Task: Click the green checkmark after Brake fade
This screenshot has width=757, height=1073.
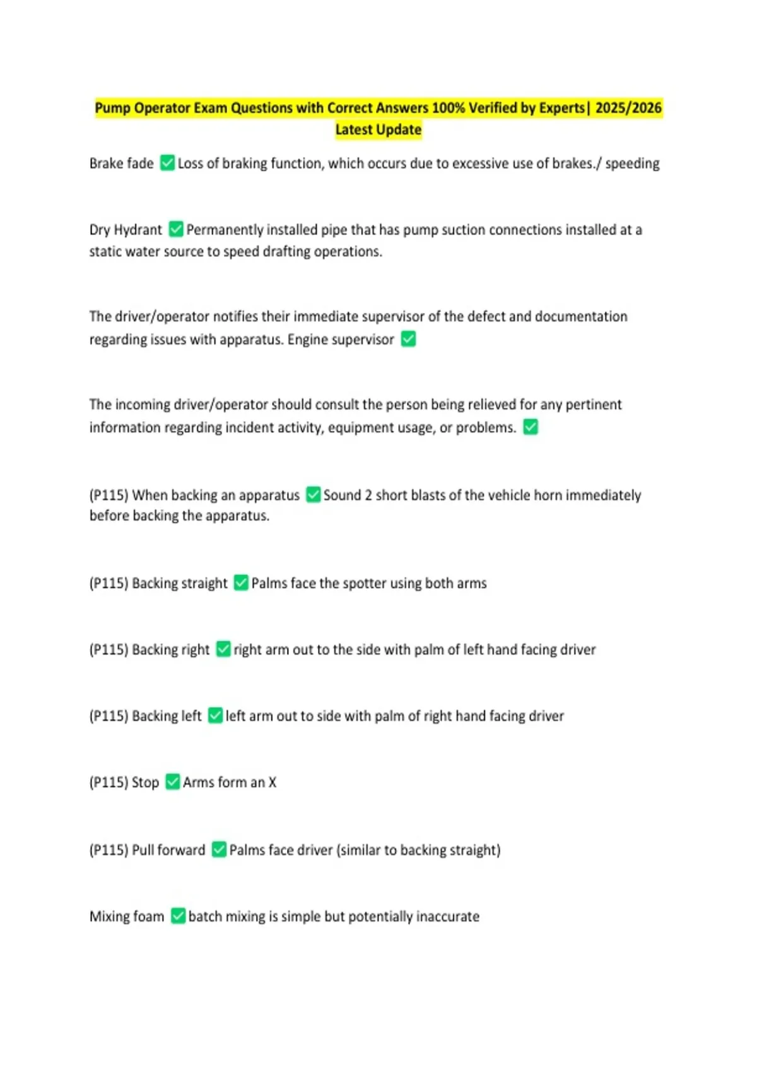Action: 167,163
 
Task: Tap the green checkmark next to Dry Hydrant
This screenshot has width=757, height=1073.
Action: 176,229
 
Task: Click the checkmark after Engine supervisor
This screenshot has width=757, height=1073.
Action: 408,339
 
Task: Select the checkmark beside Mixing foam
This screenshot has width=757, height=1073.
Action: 178,916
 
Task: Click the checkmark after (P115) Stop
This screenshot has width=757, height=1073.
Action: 172,782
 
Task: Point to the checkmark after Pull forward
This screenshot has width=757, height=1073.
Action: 219,850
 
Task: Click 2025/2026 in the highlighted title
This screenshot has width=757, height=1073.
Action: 628,108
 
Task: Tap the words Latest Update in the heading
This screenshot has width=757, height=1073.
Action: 378,129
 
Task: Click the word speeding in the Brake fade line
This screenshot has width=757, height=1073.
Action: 632,163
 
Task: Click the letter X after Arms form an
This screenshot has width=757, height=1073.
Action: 273,783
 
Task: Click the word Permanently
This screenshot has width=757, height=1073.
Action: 225,230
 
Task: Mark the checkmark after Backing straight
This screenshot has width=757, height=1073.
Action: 241,583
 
